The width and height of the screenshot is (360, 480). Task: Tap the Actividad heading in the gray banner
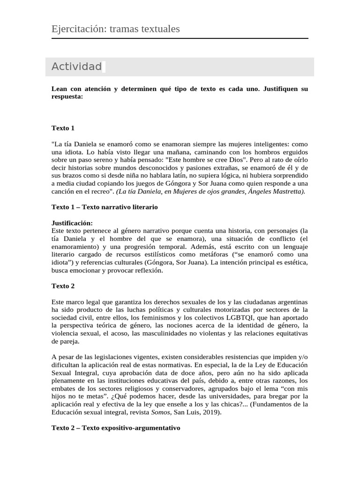pyautogui.click(x=76, y=67)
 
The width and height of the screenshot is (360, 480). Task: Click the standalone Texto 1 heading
pyautogui.click(x=63, y=128)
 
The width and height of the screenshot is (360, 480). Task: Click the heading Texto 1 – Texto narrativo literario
pyautogui.click(x=105, y=207)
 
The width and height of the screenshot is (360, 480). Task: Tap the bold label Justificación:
pyautogui.click(x=72, y=223)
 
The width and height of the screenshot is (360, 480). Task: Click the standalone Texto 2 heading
pyautogui.click(x=63, y=286)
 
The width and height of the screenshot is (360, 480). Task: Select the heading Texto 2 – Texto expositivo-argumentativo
pyautogui.click(x=115, y=428)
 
